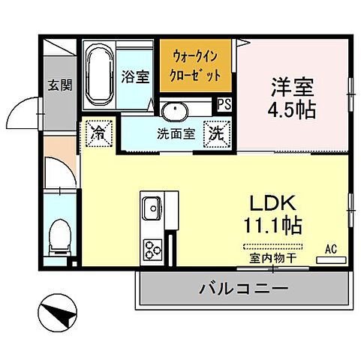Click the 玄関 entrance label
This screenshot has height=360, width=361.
coord(61,85)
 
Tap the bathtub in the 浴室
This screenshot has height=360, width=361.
coord(98,75)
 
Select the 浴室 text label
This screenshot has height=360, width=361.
coord(136,76)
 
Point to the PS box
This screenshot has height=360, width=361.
coord(224,105)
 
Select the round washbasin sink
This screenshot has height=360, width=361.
coord(174,112)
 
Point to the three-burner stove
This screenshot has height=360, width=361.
coord(154,247)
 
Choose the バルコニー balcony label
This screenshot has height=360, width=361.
coord(243,287)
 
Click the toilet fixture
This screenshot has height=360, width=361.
coord(57,238)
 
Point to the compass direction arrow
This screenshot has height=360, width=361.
coord(59,310)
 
